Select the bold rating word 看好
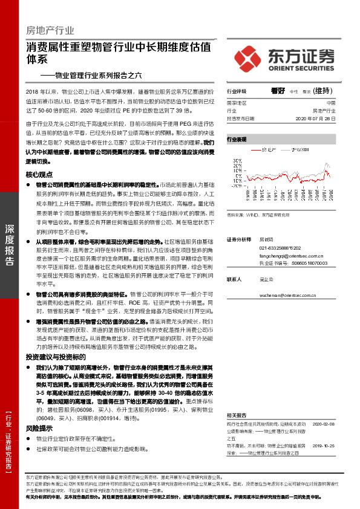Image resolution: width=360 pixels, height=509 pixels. [x=278, y=92]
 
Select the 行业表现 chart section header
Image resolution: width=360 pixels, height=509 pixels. [x=237, y=139]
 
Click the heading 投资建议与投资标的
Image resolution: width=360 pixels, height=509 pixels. [x=51, y=358]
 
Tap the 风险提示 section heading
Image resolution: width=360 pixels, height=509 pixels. [x=39, y=427]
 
